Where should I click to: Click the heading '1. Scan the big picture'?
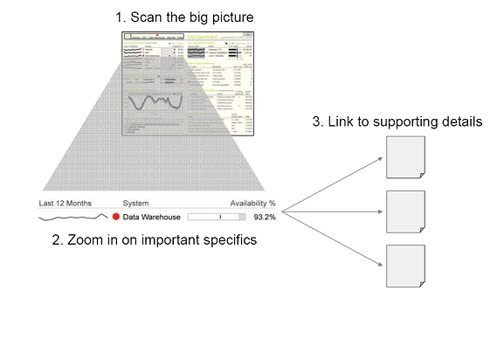coord(190,17)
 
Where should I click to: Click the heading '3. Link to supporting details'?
coord(397,121)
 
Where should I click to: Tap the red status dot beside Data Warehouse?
coord(115,216)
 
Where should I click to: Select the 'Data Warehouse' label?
coord(152,216)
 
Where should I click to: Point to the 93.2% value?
coord(264,216)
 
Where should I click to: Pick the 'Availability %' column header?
coord(247,203)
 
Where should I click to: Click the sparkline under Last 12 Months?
coord(72,216)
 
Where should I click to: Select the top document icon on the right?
coord(405,157)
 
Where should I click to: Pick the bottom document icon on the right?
coord(405,267)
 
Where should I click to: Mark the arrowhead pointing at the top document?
coord(381,158)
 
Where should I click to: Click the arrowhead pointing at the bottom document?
coord(381,266)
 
